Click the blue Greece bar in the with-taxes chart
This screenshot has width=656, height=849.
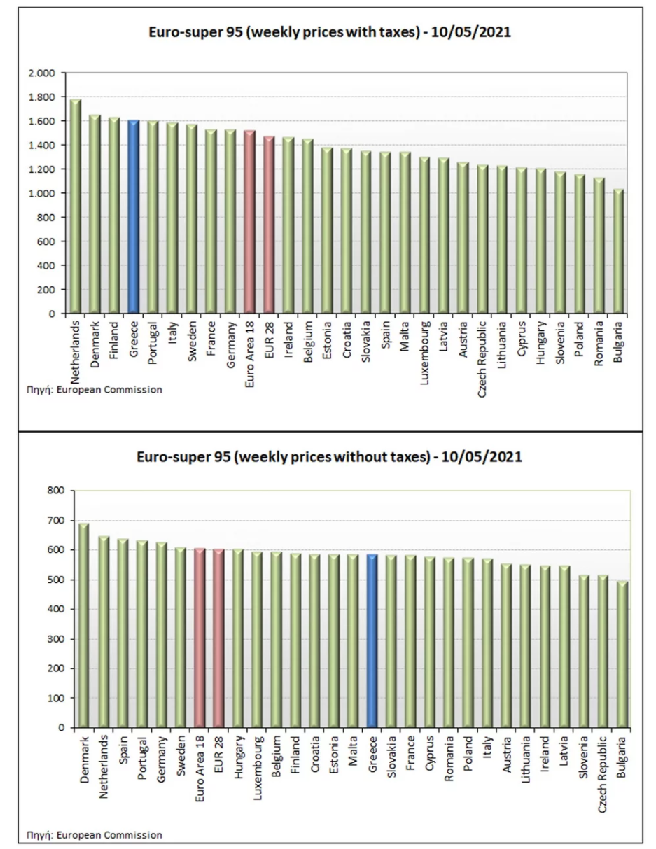pyautogui.click(x=134, y=216)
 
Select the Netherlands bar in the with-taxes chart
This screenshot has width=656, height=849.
pyautogui.click(x=76, y=206)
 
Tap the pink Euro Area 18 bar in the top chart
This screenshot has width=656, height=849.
pyautogui.click(x=250, y=222)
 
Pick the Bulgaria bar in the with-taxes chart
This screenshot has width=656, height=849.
pyautogui.click(x=618, y=251)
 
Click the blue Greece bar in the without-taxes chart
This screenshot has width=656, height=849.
pyautogui.click(x=372, y=640)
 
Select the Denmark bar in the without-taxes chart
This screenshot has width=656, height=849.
pyautogui.click(x=83, y=625)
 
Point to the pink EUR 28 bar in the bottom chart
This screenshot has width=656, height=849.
pyautogui.click(x=218, y=638)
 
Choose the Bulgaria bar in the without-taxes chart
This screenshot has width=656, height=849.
pyautogui.click(x=622, y=654)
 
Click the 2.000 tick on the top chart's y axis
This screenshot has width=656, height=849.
pyautogui.click(x=41, y=73)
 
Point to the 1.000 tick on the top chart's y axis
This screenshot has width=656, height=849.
pyautogui.click(x=41, y=193)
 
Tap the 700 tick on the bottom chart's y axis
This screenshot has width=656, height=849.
pyautogui.click(x=55, y=521)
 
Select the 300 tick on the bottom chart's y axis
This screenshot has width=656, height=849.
pyautogui.click(x=55, y=639)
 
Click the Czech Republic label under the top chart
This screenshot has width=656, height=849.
pyautogui.click(x=482, y=359)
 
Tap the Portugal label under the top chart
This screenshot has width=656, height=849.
pyautogui.click(x=153, y=343)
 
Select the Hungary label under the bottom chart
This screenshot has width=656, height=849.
pyautogui.click(x=239, y=757)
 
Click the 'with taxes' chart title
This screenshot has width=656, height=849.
pyautogui.click(x=330, y=31)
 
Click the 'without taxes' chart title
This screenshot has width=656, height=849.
pyautogui.click(x=329, y=456)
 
